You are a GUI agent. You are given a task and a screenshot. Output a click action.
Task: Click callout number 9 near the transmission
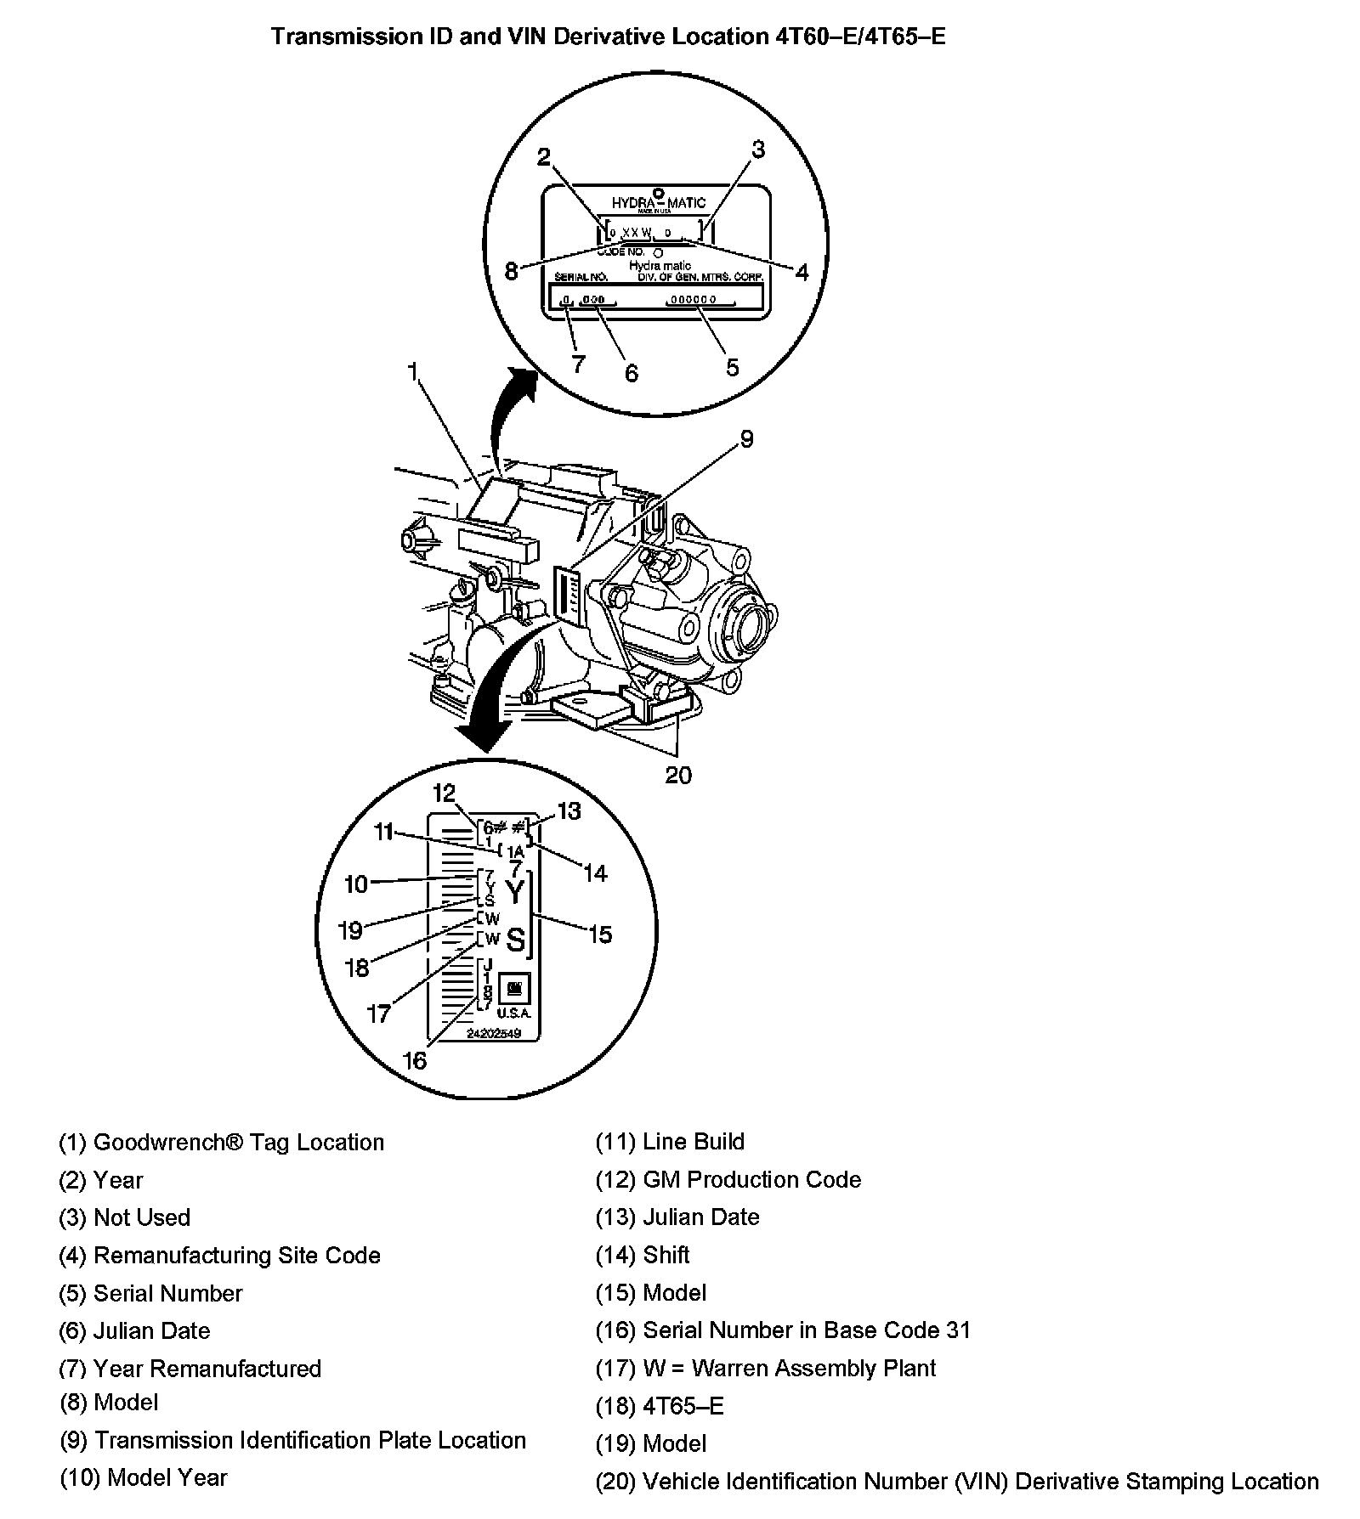coord(745,439)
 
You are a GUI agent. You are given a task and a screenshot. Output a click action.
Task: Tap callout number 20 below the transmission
coord(678,775)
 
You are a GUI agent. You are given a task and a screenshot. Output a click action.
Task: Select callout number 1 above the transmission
coord(412,372)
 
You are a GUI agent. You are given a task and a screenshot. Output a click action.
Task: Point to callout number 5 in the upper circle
coord(732,367)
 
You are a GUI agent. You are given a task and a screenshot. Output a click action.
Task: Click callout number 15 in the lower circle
coord(599,935)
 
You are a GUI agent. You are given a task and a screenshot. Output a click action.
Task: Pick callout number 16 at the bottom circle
coord(414,1061)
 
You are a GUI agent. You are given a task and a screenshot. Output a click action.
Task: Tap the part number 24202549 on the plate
coord(493,1034)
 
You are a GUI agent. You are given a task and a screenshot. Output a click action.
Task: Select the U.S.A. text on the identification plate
coord(513,1014)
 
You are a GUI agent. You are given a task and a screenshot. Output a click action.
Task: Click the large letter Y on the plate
coord(515,892)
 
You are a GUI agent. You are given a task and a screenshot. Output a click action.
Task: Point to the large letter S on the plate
coord(515,940)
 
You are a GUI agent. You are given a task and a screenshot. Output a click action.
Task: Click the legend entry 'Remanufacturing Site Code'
coord(236,1256)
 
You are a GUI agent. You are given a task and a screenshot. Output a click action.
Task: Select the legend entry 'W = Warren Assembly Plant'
coord(789,1368)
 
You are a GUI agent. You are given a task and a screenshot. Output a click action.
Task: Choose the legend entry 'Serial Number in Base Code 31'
coord(806,1330)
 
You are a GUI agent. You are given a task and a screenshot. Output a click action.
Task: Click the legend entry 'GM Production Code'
coord(751,1180)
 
